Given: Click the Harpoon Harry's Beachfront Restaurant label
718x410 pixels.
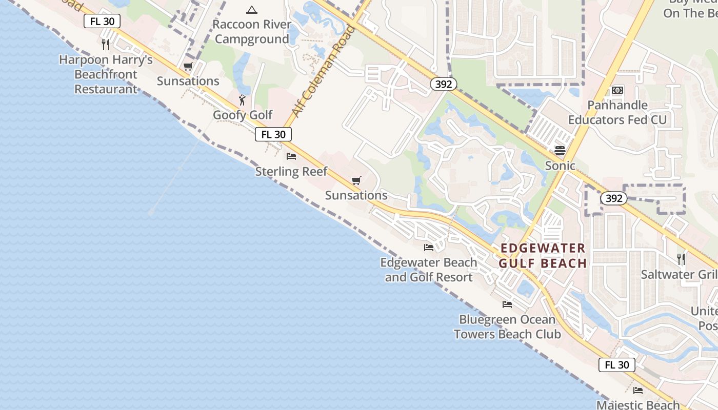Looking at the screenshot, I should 106,74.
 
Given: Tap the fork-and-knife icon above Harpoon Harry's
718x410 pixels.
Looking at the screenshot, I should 106,44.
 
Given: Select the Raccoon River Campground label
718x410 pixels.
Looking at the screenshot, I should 252,32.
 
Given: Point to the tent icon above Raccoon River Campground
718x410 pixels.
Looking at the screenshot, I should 251,10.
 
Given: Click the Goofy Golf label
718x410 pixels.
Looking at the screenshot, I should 243,115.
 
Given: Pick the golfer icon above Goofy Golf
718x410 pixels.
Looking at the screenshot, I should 243,100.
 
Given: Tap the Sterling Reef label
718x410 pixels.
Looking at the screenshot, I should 291,171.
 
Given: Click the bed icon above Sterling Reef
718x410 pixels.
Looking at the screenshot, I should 291,156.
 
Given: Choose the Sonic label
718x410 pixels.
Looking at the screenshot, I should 560,166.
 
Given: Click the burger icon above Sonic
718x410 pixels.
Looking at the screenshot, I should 560,151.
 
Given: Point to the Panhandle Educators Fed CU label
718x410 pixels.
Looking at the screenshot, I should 617,112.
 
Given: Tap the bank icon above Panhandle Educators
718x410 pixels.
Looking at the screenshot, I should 617,90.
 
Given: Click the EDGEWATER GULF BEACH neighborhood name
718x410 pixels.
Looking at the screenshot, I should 543,256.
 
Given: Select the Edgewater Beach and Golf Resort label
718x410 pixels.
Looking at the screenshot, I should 429,270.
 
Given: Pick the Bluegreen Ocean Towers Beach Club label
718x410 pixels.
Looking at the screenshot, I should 507,326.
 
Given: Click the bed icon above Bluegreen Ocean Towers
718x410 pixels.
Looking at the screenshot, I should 507,304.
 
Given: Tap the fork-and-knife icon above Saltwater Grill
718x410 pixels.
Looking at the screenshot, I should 681,259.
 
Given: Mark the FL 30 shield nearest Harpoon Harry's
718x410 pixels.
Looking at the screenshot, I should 102,21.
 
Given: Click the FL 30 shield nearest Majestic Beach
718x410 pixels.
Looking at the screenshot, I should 616,365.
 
